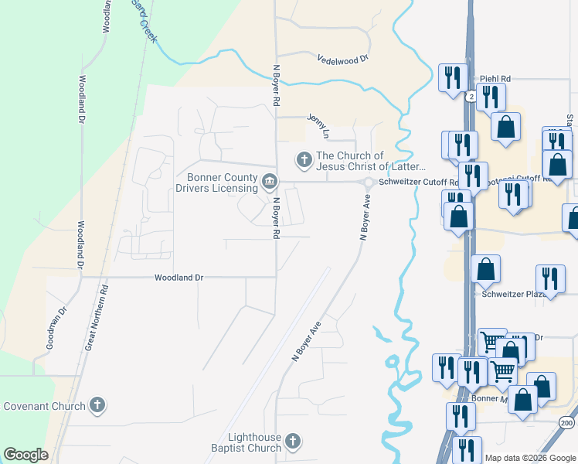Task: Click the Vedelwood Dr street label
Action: click(342, 59)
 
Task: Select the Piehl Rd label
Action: click(495, 78)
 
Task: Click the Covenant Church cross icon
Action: click(97, 404)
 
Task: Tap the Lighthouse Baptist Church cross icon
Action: click(292, 442)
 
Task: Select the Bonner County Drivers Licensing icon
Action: click(269, 182)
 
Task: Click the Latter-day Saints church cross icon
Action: click(304, 161)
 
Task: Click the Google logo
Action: click(25, 455)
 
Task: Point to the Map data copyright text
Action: click(531, 458)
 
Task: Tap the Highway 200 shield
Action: click(567, 423)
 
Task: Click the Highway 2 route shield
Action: click(470, 95)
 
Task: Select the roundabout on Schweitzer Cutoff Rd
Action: click(369, 183)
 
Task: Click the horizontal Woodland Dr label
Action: click(178, 277)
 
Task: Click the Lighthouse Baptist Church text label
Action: click(246, 442)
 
